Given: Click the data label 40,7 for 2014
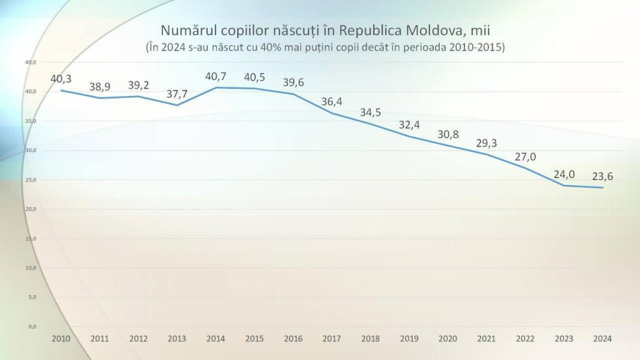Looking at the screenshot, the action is (x=216, y=76).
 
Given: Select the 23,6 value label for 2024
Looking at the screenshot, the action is (x=602, y=176).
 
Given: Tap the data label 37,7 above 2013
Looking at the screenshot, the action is (x=177, y=94).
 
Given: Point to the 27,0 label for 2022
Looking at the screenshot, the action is (x=525, y=157).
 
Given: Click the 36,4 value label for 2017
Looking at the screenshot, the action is (x=331, y=102).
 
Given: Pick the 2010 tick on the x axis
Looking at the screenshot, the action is (x=61, y=338).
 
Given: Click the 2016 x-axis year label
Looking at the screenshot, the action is (x=293, y=338).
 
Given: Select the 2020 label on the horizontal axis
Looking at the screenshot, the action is (x=447, y=338).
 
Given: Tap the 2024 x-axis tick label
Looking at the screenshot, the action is (x=602, y=338).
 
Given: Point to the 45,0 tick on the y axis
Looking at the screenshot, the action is (x=31, y=62).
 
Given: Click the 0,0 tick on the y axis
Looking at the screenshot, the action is (x=32, y=326).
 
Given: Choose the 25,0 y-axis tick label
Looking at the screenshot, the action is (x=31, y=179).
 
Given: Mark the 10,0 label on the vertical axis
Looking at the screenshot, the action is (x=31, y=267).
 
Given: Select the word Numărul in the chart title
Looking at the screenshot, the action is (x=184, y=30).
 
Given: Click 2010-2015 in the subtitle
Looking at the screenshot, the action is (x=475, y=47).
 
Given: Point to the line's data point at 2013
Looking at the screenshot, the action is (x=177, y=105).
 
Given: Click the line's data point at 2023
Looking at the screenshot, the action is (x=564, y=185).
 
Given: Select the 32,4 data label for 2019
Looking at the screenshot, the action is (x=409, y=125).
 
